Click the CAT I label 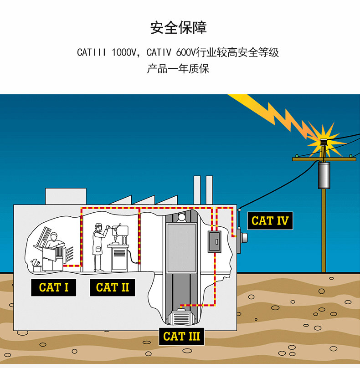pyautogui.click(x=53, y=287)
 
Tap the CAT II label pyautogui.click(x=113, y=287)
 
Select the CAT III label pyautogui.click(x=181, y=337)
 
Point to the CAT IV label pyautogui.click(x=270, y=220)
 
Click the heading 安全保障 pyautogui.click(x=179, y=28)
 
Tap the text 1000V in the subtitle pyautogui.click(x=124, y=52)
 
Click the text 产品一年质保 pyautogui.click(x=178, y=69)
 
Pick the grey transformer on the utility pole pyautogui.click(x=324, y=175)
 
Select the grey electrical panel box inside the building pyautogui.click(x=214, y=242)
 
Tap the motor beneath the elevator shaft pyautogui.click(x=182, y=317)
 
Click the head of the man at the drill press pyautogui.click(x=98, y=227)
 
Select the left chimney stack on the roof pyautogui.click(x=197, y=190)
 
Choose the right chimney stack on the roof pyautogui.click(x=210, y=190)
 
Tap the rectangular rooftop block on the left pyautogui.click(x=66, y=196)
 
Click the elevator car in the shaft pyautogui.click(x=181, y=248)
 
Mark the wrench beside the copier pyautogui.click(x=35, y=262)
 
